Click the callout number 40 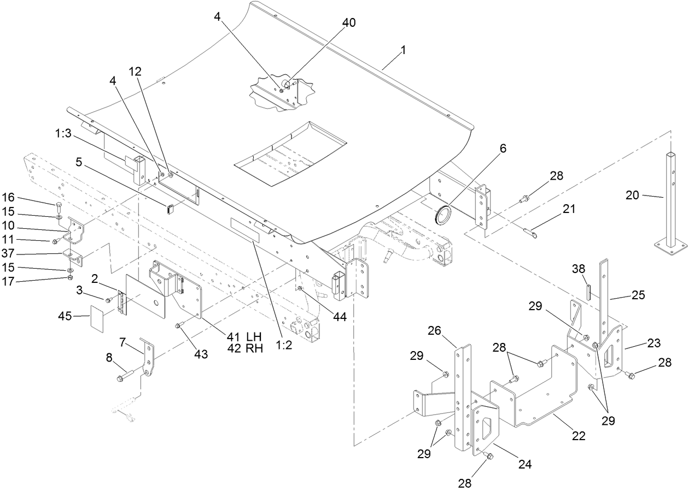pyautogui.click(x=348, y=23)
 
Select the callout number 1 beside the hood pyautogui.click(x=403, y=50)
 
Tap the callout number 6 pyautogui.click(x=503, y=149)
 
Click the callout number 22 pyautogui.click(x=579, y=436)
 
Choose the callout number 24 pyautogui.click(x=524, y=465)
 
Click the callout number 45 pyautogui.click(x=66, y=316)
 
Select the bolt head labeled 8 pyautogui.click(x=120, y=377)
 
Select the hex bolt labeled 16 pyautogui.click(x=59, y=206)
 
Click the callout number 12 pyautogui.click(x=135, y=71)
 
